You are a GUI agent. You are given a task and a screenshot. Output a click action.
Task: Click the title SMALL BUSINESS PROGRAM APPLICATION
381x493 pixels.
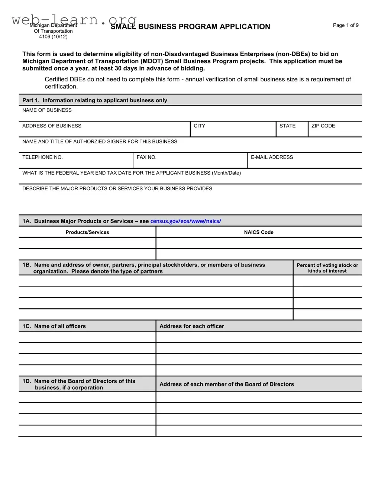(x=190, y=27)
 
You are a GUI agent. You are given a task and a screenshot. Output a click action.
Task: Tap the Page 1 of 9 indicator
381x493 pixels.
(x=345, y=25)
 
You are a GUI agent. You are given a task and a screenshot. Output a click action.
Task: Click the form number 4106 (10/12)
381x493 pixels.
(x=53, y=37)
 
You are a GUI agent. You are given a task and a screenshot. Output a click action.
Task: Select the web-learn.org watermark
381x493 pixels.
(x=74, y=19)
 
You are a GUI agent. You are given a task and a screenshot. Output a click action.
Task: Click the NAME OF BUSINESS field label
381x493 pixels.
(x=47, y=110)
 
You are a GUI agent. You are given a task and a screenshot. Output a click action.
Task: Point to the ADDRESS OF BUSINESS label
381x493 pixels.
(x=52, y=126)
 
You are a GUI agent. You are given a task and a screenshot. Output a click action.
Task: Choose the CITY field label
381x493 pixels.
(x=199, y=126)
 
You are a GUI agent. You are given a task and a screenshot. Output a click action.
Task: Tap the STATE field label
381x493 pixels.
(x=287, y=126)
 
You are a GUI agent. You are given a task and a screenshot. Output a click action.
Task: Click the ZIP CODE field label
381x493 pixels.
(x=323, y=126)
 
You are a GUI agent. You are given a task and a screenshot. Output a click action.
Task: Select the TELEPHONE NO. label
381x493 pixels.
(x=42, y=158)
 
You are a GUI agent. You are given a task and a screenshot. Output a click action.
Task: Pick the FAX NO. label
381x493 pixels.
(x=146, y=158)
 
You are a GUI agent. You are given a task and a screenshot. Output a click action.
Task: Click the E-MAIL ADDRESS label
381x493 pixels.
(x=272, y=158)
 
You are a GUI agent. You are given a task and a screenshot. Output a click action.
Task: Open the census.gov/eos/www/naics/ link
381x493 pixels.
(x=185, y=221)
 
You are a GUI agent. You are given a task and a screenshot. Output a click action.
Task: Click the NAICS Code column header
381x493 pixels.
(x=258, y=233)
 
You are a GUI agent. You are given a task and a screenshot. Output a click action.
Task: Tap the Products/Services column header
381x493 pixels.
(x=87, y=233)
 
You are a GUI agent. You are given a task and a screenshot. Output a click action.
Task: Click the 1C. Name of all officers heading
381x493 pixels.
(x=54, y=326)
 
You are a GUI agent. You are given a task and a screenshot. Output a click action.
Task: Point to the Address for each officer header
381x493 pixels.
(x=192, y=326)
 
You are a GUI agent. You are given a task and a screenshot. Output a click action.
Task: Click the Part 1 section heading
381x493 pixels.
(x=95, y=100)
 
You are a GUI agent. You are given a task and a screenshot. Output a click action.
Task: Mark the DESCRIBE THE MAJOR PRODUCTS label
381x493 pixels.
(x=117, y=189)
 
